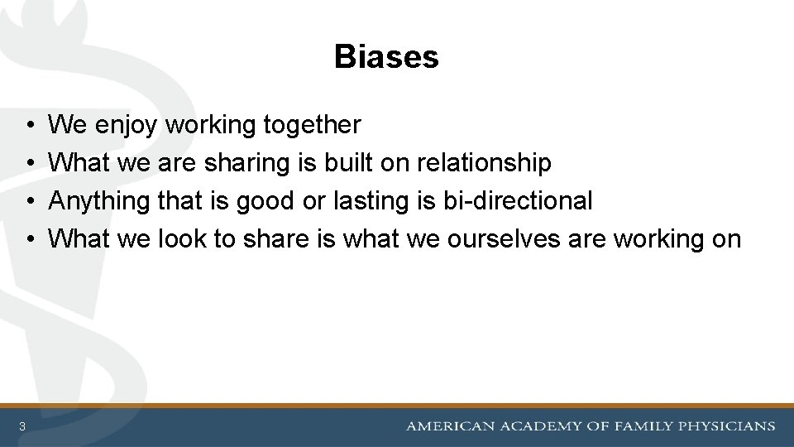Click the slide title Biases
[386, 57]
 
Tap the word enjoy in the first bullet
[128, 126]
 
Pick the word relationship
[484, 163]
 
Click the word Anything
[98, 201]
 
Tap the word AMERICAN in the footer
[448, 426]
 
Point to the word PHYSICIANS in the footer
[727, 426]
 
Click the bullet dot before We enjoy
[29, 126]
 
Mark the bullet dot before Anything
[29, 201]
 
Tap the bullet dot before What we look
[29, 239]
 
